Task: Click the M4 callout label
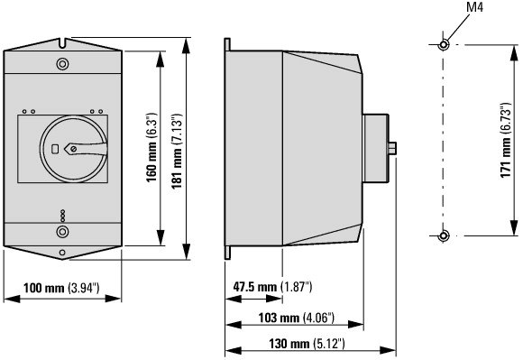pos(474,7)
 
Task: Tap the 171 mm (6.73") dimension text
pos(506,141)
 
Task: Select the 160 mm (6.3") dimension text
pos(151,148)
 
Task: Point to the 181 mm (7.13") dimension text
pos(177,152)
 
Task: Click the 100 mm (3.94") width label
pos(61,288)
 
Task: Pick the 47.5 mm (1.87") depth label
pos(272,287)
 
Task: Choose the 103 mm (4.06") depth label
pos(296,318)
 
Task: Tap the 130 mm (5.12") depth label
pos(307,344)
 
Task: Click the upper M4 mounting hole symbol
pos(444,44)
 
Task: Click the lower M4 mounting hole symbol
pos(444,235)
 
